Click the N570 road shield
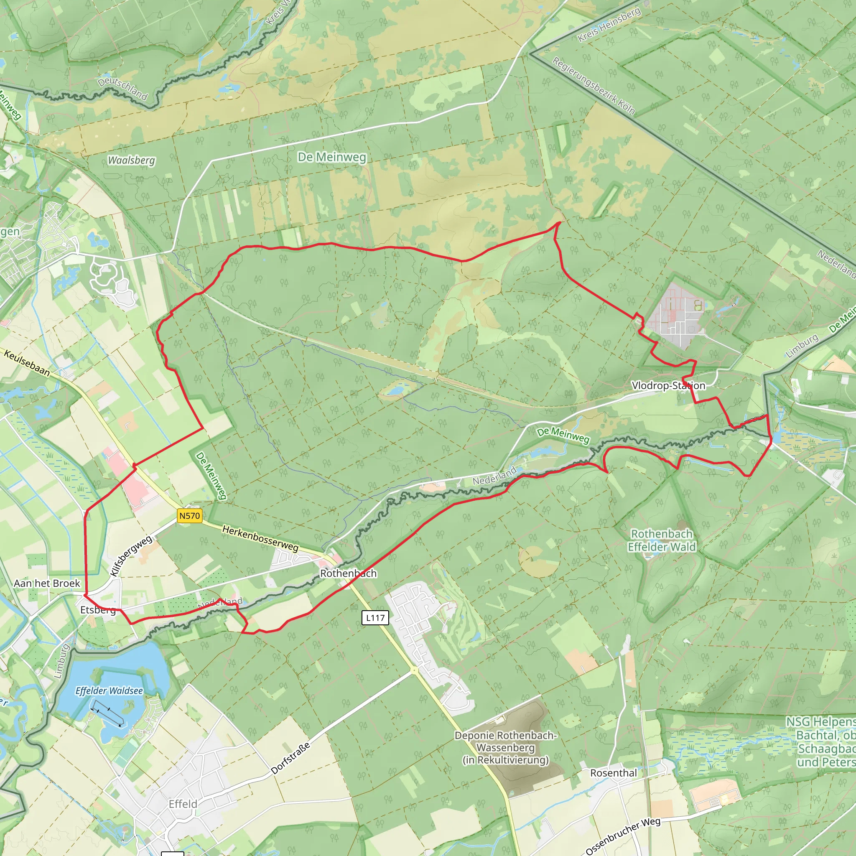[x=189, y=516]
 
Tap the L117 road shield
[x=375, y=618]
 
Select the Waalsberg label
[x=132, y=160]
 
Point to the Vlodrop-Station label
[x=668, y=385]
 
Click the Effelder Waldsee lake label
[x=109, y=691]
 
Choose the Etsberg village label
[x=98, y=610]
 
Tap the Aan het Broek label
[x=47, y=583]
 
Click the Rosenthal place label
[x=613, y=773]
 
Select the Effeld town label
[x=183, y=804]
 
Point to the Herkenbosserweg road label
[x=260, y=538]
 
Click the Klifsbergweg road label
[x=131, y=556]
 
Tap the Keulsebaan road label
[x=27, y=362]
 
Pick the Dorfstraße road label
[x=290, y=759]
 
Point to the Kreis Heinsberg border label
[x=609, y=25]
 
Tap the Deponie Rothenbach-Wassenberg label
[x=506, y=747]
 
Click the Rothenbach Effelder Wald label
[x=662, y=540]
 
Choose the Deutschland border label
[x=122, y=88]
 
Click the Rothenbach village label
[x=348, y=573]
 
